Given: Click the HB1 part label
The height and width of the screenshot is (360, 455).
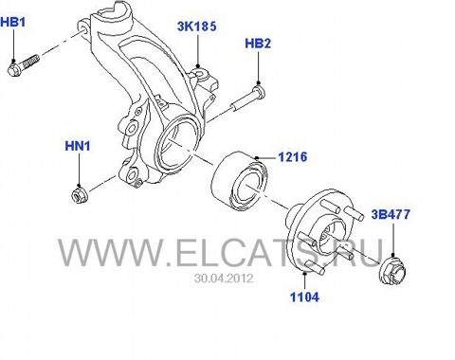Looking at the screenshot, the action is (x=13, y=23).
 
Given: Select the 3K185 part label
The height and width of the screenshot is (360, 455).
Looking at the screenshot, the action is (x=197, y=27).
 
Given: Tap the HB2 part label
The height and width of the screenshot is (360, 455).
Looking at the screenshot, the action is (x=258, y=44).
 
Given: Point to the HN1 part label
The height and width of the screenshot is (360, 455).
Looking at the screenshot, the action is (x=78, y=146).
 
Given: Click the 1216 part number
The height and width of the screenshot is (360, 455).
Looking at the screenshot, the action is (x=293, y=157).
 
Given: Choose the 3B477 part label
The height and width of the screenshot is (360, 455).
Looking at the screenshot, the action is (x=391, y=214).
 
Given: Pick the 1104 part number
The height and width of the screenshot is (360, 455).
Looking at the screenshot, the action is (x=304, y=297).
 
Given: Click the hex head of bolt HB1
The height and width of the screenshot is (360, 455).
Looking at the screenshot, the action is (x=14, y=69).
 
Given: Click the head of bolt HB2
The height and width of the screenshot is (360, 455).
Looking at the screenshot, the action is (x=259, y=90).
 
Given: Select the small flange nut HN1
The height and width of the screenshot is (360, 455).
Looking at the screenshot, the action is (x=79, y=195).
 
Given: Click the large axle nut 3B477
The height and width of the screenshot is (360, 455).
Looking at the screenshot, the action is (x=392, y=272).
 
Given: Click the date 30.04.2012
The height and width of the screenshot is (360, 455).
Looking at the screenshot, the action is (x=224, y=279).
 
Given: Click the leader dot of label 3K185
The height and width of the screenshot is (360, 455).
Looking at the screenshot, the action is (x=198, y=66).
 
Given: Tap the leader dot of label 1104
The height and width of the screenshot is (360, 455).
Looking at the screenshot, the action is (x=304, y=273).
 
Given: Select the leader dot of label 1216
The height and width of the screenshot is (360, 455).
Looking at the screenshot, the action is (x=257, y=157).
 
